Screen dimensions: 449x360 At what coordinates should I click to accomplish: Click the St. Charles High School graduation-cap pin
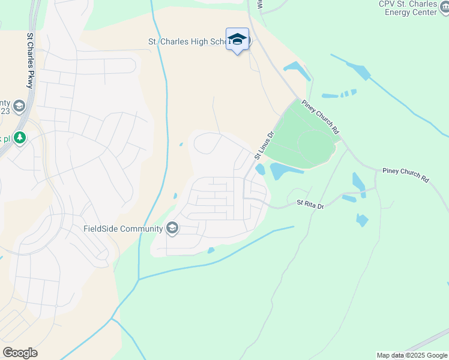click(x=237, y=39)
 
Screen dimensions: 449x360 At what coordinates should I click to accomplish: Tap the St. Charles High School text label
click(x=187, y=42)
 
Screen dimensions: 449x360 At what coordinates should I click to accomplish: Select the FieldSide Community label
click(x=123, y=229)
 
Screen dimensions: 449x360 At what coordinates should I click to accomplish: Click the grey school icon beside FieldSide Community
click(x=172, y=228)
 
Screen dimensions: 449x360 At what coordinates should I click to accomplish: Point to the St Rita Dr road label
click(x=310, y=205)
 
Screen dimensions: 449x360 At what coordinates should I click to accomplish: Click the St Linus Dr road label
click(x=264, y=146)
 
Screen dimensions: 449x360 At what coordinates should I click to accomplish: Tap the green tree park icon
click(x=20, y=138)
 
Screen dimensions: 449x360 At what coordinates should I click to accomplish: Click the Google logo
click(x=20, y=353)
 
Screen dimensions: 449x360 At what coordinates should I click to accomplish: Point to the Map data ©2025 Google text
click(x=411, y=355)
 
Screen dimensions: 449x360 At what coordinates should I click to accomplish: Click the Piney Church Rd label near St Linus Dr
click(x=321, y=116)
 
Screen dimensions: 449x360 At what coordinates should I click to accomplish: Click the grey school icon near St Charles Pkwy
click(x=19, y=106)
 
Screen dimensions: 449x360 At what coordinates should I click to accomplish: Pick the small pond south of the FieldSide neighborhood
click(x=211, y=250)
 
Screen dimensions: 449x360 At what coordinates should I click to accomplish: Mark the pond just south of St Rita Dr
click(x=362, y=220)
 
